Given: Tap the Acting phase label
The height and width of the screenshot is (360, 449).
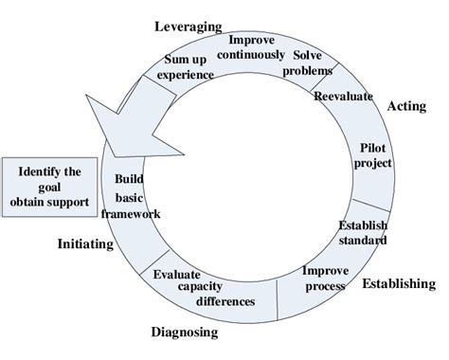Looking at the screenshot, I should [x=407, y=107].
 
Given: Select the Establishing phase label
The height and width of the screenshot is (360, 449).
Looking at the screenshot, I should [x=400, y=283].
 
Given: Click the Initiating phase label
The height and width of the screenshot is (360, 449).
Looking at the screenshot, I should [x=84, y=243].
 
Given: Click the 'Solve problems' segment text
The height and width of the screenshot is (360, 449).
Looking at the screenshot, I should [x=312, y=64].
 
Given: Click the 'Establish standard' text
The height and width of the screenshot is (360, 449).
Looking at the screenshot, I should [x=363, y=233].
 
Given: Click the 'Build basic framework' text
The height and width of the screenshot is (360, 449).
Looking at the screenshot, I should [x=136, y=196].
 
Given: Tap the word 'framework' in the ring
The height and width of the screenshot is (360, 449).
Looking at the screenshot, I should [x=136, y=213].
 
